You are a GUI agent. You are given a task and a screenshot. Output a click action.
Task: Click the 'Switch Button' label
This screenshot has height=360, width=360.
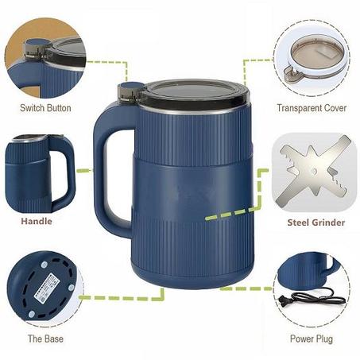(x=45, y=108)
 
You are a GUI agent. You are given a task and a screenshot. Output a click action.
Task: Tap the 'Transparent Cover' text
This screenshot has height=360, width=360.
(x=312, y=108)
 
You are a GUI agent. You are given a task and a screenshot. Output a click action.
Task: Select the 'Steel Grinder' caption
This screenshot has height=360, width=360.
(x=316, y=223)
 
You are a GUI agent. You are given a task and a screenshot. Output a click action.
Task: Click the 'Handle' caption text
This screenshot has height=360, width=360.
(x=37, y=221)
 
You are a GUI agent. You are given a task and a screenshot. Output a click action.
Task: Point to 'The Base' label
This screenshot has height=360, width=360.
(x=45, y=339)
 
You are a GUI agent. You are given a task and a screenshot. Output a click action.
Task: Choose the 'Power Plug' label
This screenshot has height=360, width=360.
(x=312, y=339)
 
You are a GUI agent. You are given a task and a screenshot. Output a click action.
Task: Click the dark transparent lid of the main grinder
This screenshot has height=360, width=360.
(x=193, y=92)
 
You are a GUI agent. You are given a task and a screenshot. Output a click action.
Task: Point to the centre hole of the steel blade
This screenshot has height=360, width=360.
(x=314, y=171)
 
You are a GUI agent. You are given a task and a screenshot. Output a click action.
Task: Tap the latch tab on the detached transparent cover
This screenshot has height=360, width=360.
(x=292, y=73)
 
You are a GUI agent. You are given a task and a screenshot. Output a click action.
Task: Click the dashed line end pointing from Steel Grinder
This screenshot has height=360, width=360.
(x=207, y=218)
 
